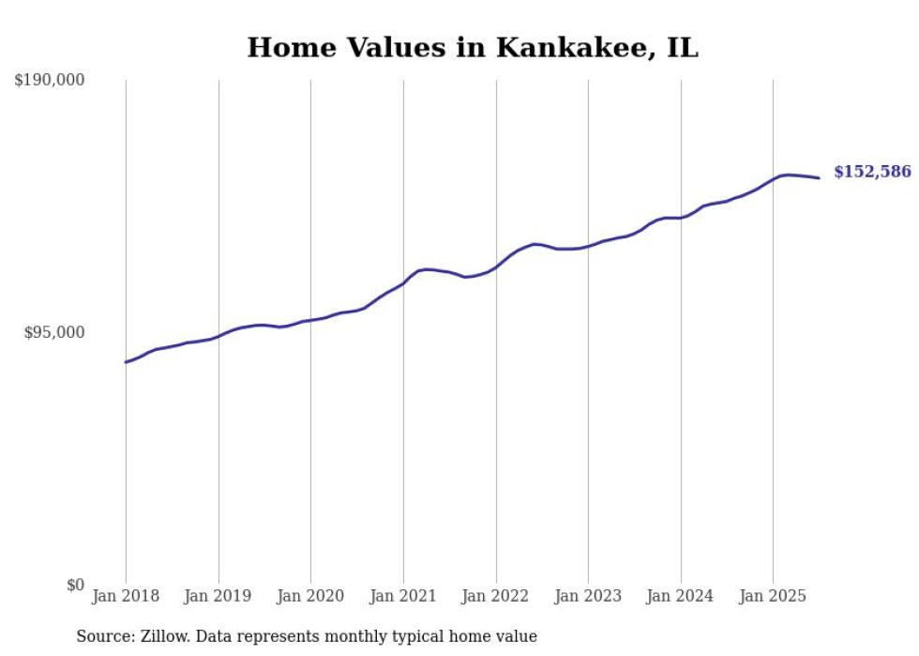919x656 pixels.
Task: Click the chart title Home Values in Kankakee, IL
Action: [473, 48]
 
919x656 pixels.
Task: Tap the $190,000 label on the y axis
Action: [50, 81]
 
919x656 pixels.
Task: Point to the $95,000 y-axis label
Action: [53, 332]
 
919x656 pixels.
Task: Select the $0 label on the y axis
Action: [75, 585]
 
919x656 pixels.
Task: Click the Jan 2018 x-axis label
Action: [126, 596]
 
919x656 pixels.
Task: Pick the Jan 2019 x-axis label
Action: [218, 596]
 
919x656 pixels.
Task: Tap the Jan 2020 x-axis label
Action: [310, 596]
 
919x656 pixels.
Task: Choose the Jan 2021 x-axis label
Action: [403, 596]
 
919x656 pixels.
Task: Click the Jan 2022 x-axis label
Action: [496, 596]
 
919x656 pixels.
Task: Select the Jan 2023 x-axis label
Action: [588, 596]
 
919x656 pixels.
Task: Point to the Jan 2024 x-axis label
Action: [681, 596]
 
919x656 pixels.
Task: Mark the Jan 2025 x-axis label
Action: [773, 596]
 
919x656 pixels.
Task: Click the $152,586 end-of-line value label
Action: [872, 172]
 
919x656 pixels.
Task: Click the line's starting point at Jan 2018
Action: [126, 362]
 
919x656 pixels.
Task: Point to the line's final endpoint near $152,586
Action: [820, 178]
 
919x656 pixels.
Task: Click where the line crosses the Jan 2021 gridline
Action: [403, 282]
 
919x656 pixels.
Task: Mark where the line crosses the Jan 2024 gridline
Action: [681, 218]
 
